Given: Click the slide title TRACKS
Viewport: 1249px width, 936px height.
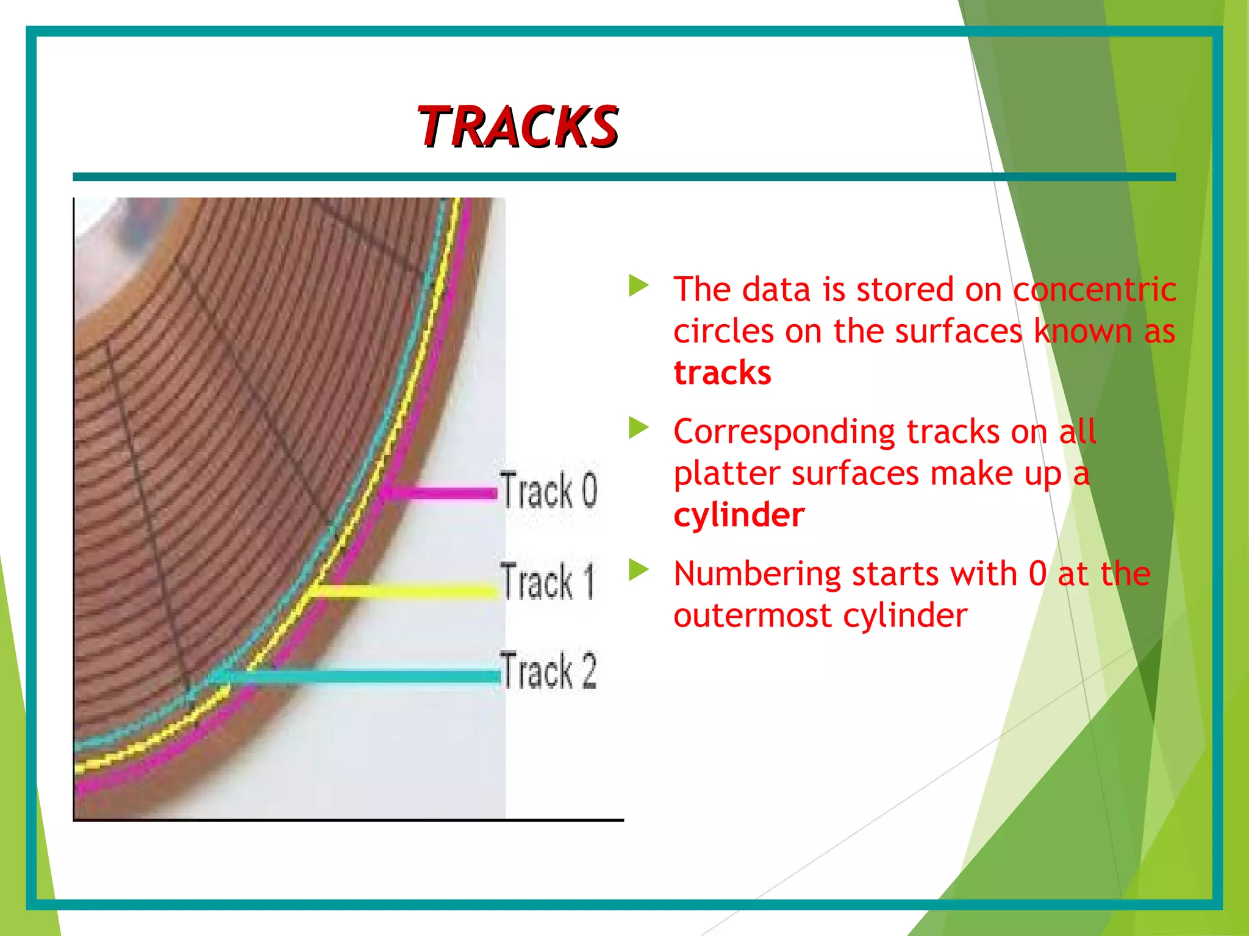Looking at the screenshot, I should tap(517, 127).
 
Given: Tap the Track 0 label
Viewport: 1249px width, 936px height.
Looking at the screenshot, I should tap(548, 490).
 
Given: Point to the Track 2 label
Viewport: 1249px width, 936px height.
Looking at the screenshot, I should tap(548, 671).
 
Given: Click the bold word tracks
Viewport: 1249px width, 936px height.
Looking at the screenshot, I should tap(722, 373).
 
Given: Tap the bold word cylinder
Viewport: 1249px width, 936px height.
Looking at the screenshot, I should tap(739, 516).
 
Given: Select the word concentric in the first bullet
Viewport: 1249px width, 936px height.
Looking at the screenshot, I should tap(1095, 289).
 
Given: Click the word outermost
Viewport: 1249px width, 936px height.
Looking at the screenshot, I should tap(753, 616).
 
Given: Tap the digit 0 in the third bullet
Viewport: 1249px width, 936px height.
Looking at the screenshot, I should tap(1037, 574).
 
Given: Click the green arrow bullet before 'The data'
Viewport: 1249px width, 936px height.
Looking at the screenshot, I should tap(638, 286).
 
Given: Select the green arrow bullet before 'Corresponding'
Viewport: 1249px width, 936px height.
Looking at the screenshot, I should tap(638, 428).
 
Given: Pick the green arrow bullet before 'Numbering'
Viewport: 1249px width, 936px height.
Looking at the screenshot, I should tap(638, 570).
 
